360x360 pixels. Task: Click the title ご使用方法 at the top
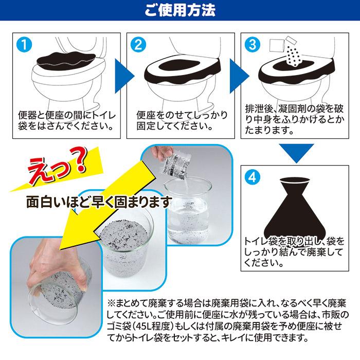[180, 10]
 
